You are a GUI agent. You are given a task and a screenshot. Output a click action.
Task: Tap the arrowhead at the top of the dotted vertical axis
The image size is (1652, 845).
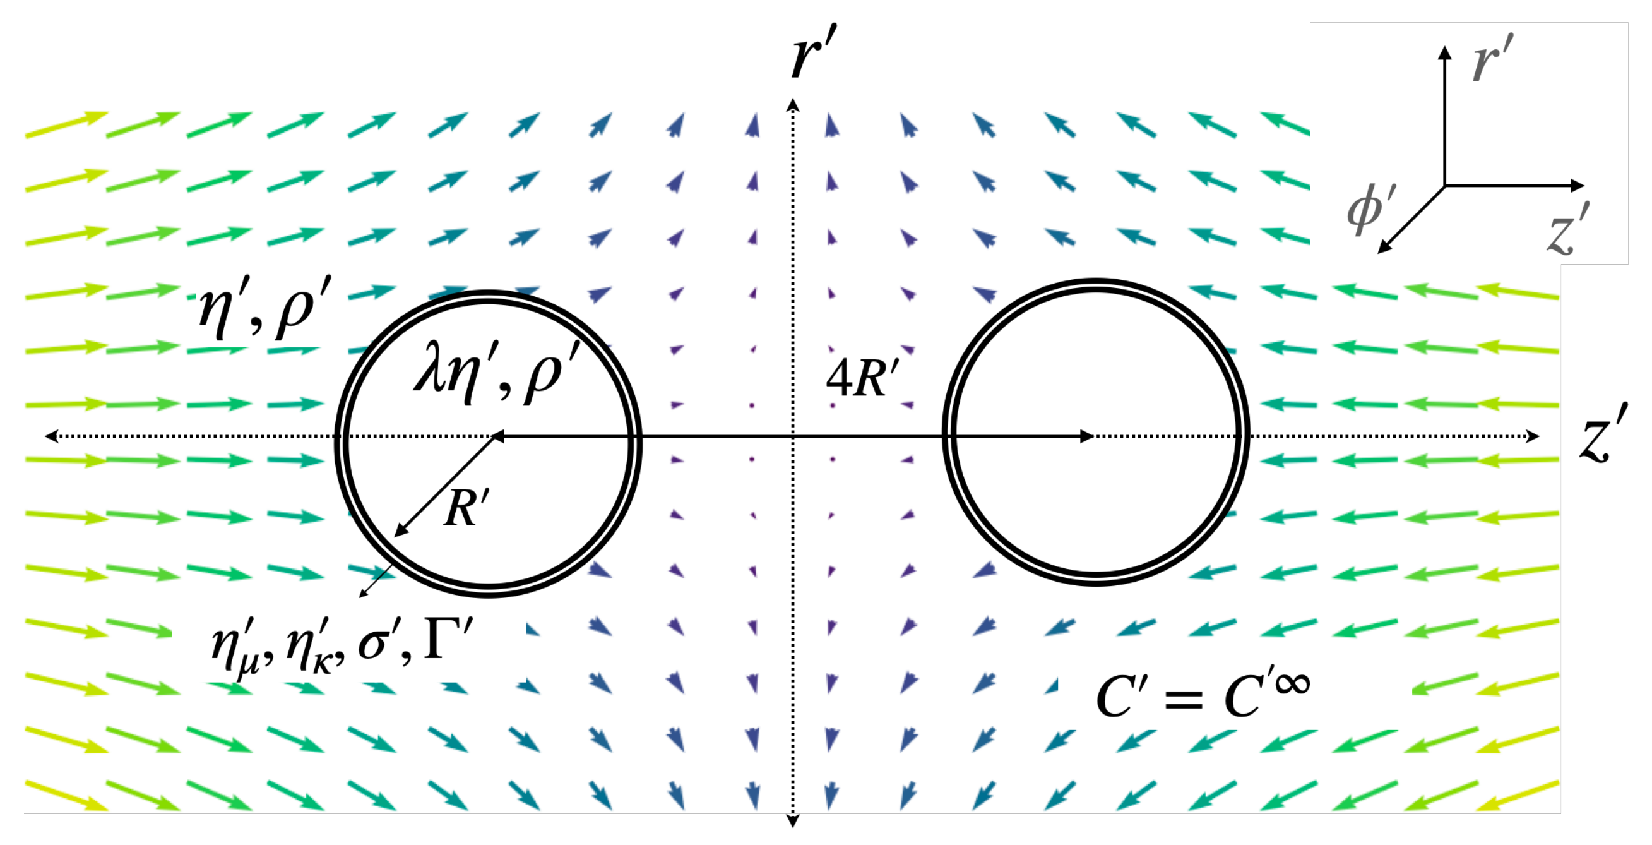coord(793,105)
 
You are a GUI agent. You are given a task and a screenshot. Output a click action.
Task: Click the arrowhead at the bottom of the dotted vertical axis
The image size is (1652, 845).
coord(793,821)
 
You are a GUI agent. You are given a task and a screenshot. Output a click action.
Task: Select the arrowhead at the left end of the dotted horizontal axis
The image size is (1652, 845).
coord(51,436)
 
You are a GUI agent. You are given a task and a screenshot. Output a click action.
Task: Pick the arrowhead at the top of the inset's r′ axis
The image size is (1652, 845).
coord(1444,52)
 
